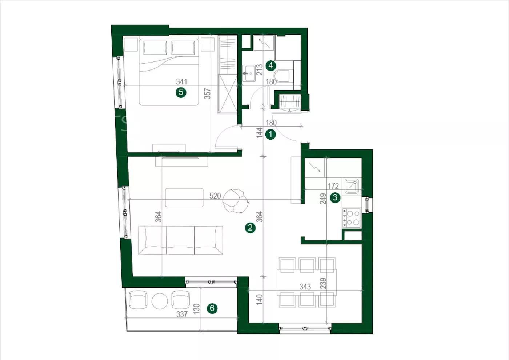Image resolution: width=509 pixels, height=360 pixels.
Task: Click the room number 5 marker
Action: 181,92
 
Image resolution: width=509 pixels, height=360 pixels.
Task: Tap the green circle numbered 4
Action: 271,66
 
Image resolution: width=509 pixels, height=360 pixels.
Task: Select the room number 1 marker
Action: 270,134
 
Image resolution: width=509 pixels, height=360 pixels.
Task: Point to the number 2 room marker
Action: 250,228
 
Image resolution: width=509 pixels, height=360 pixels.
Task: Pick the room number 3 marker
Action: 335,197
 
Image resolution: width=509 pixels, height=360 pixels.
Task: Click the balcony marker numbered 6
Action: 212,308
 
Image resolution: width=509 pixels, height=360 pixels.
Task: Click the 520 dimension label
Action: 215,196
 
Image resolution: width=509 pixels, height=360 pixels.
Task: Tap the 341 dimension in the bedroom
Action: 181,81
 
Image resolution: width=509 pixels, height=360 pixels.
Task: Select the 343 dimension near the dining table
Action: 305,287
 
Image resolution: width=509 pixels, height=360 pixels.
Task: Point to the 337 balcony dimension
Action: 182,314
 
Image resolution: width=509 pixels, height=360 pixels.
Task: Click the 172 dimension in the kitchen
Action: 333,186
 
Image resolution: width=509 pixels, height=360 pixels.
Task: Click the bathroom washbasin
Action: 249,73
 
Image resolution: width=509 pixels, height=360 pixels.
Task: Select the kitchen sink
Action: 352,186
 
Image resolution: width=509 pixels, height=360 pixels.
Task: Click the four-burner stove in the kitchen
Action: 351,218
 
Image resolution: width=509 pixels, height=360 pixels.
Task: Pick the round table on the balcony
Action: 160,301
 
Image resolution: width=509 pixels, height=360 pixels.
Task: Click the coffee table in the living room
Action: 184,197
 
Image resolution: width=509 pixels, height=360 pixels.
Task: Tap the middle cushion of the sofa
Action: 180,240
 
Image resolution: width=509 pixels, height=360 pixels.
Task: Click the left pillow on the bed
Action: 155,48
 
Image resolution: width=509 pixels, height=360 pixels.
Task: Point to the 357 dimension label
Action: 207,93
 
